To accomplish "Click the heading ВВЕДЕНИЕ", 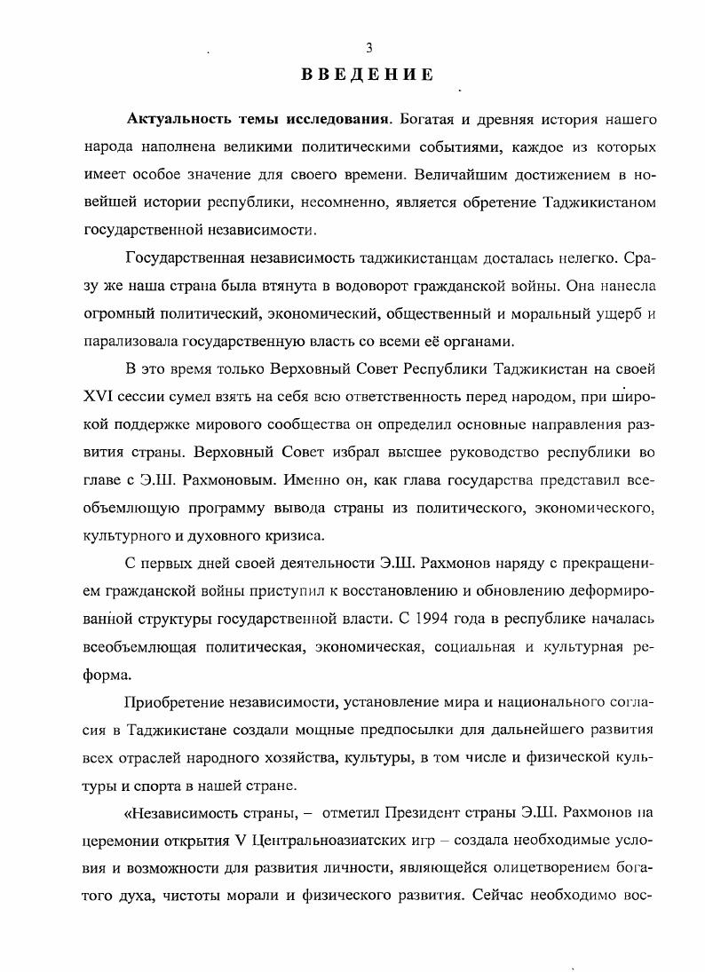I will point(368,75).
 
